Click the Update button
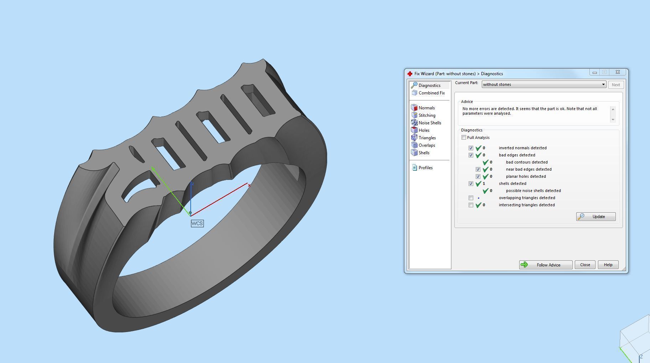(x=596, y=217)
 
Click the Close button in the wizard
(x=585, y=265)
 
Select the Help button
(x=608, y=265)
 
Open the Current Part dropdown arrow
(x=603, y=84)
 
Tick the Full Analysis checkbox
(x=464, y=138)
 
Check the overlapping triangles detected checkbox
(x=471, y=198)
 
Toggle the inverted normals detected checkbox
(x=471, y=148)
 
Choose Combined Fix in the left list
(x=431, y=93)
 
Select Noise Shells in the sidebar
(x=429, y=123)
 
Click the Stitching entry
(x=427, y=115)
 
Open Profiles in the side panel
(x=425, y=168)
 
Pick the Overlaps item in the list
(x=427, y=145)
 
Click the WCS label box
(x=197, y=223)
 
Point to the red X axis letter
(x=249, y=185)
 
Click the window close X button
(x=618, y=72)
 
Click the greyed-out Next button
(x=615, y=85)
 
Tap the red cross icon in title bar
(x=410, y=74)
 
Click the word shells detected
(x=512, y=183)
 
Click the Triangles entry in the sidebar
(x=427, y=138)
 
